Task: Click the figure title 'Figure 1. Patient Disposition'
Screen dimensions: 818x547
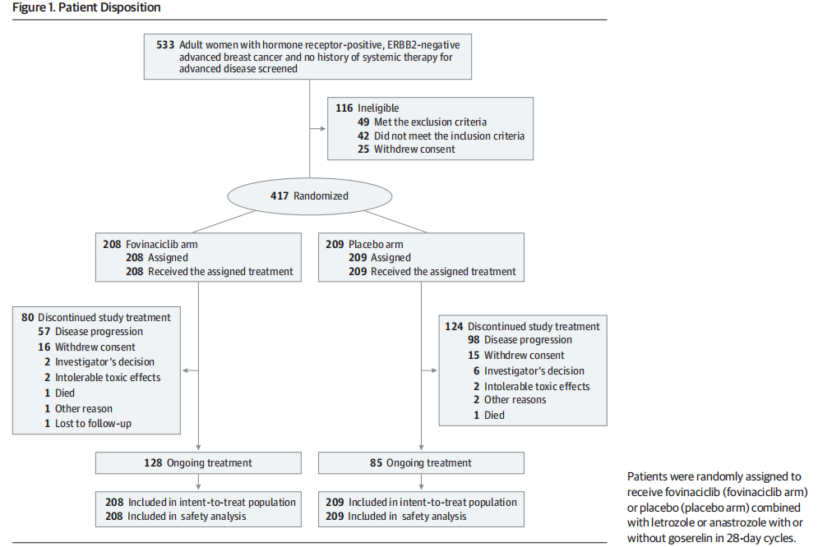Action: pos(86,8)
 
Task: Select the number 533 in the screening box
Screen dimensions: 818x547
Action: pos(165,45)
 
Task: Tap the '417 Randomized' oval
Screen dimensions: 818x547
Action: pos(309,196)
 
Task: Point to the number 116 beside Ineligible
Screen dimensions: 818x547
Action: pos(344,108)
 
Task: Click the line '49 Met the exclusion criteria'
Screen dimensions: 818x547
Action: pos(422,122)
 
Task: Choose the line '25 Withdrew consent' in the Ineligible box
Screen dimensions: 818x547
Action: pos(406,149)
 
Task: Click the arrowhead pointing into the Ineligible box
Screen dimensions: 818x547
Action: pos(322,129)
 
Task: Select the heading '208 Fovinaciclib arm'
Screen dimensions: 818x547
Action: pos(150,244)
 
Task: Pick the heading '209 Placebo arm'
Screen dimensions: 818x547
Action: pos(365,244)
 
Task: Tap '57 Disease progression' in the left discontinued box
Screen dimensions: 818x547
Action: pos(90,332)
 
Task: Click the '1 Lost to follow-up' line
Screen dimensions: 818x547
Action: pos(88,424)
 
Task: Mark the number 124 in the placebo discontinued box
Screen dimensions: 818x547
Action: pos(454,327)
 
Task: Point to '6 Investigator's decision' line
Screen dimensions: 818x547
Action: pos(529,371)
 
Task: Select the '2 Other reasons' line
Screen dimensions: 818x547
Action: pos(510,399)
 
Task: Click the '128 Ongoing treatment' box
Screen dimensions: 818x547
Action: pos(198,462)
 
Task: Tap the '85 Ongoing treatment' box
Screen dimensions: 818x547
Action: pos(421,462)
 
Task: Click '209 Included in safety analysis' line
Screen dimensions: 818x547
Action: pos(396,517)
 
